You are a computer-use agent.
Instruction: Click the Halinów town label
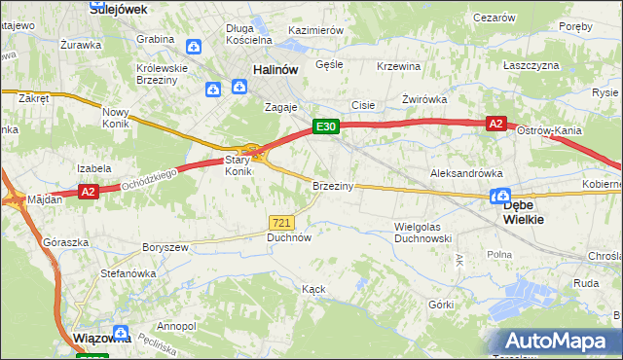[274, 70]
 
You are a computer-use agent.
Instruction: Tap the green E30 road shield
[325, 126]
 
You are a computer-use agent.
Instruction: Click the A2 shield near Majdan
[89, 193]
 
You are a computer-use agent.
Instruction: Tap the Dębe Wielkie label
[524, 212]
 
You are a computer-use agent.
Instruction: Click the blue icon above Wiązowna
[120, 331]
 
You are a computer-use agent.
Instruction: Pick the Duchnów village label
[289, 236]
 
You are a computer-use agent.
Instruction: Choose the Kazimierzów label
[316, 31]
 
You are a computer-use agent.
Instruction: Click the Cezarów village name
[494, 18]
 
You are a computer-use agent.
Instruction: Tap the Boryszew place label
[165, 248]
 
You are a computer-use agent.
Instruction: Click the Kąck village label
[313, 289]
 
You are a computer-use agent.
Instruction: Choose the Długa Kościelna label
[247, 35]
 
